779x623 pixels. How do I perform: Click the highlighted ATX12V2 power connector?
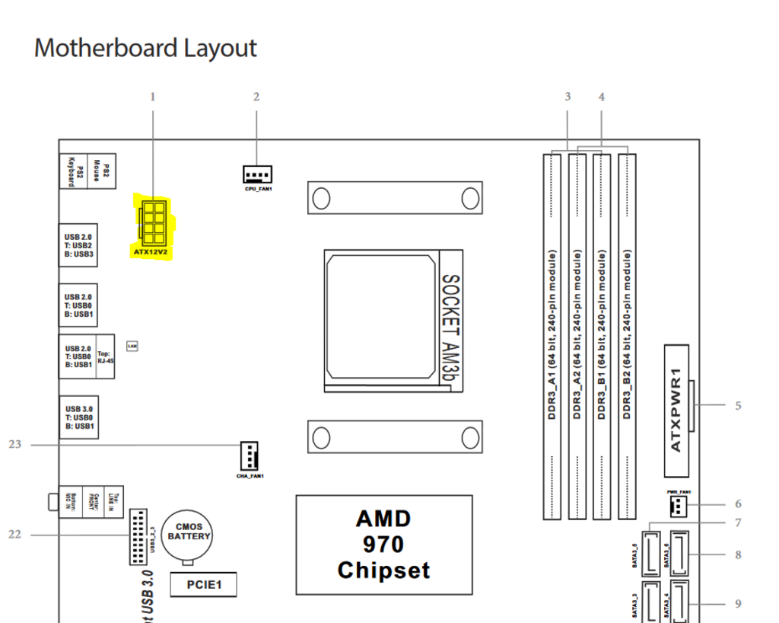(x=153, y=221)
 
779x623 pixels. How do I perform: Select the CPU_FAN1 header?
(x=258, y=174)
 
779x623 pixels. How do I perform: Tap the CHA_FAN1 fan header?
(x=249, y=455)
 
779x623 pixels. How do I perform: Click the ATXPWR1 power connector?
(x=676, y=400)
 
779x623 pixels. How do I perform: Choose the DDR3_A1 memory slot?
(x=552, y=335)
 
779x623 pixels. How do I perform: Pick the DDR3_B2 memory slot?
(x=627, y=335)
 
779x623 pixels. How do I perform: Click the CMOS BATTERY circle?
(x=189, y=531)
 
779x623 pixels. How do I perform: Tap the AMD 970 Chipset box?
(x=383, y=545)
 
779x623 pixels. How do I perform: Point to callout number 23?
(x=14, y=444)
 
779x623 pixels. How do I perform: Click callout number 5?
(x=737, y=406)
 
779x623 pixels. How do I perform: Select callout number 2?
(x=256, y=97)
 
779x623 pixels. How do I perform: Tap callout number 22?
(x=14, y=535)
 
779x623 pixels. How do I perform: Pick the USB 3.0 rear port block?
(x=78, y=418)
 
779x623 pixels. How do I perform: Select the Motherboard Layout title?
(x=145, y=48)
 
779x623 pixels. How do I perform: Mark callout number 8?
(x=737, y=555)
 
